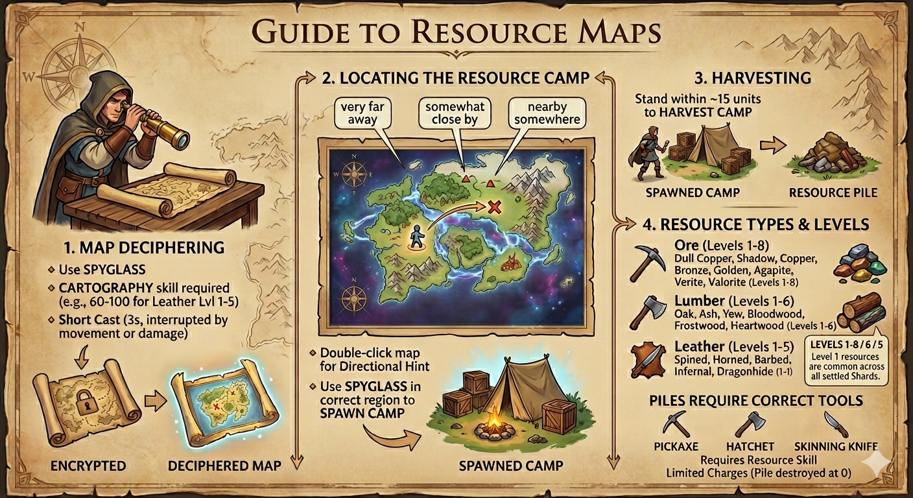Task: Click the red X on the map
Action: [494, 207]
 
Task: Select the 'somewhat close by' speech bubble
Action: [455, 112]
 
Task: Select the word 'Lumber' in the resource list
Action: [699, 301]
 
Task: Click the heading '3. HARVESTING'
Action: [752, 78]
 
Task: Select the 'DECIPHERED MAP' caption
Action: [224, 466]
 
